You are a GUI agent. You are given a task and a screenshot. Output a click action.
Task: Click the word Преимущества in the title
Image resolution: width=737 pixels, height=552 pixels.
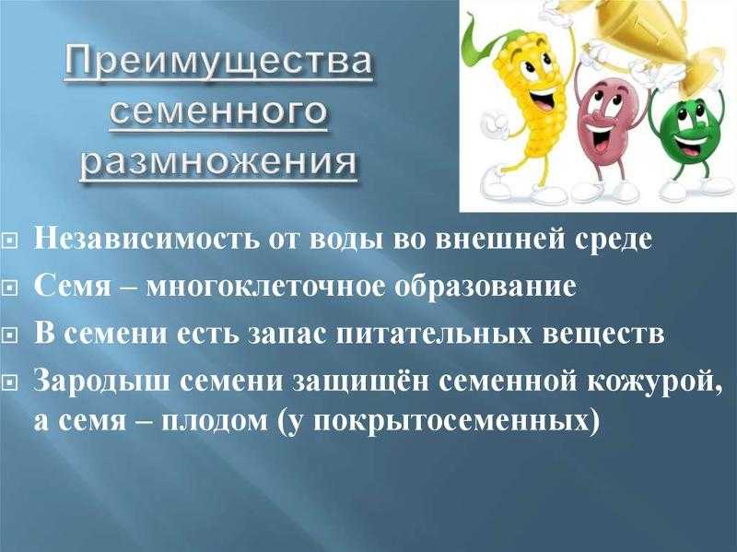217,63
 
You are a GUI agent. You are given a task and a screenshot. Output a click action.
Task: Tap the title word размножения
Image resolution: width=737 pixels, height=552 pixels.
218,162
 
